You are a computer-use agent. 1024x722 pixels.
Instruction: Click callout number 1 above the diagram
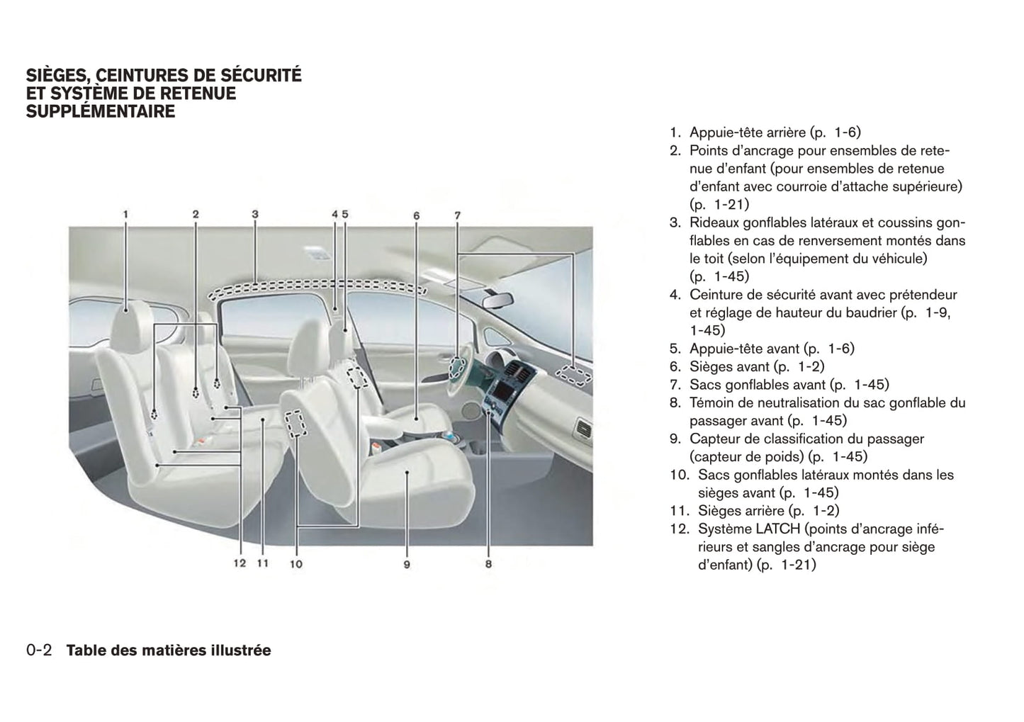coord(125,213)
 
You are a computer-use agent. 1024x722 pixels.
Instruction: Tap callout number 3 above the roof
coord(255,213)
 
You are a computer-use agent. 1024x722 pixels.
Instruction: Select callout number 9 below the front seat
coord(407,565)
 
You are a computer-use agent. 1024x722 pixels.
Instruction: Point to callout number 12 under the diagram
coord(239,563)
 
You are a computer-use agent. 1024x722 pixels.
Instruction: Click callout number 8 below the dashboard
coord(488,565)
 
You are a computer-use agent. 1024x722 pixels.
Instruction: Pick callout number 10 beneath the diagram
coord(296,564)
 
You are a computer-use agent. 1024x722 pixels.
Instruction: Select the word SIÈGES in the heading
coord(57,75)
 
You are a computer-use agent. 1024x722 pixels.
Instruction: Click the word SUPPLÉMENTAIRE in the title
coord(100,111)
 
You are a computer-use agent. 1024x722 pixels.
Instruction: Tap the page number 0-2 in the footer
coord(39,650)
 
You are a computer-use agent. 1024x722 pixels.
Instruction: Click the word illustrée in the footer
coord(240,650)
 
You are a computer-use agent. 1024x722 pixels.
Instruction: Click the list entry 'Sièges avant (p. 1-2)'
coord(757,366)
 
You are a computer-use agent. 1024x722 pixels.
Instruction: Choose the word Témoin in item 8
coord(713,402)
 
